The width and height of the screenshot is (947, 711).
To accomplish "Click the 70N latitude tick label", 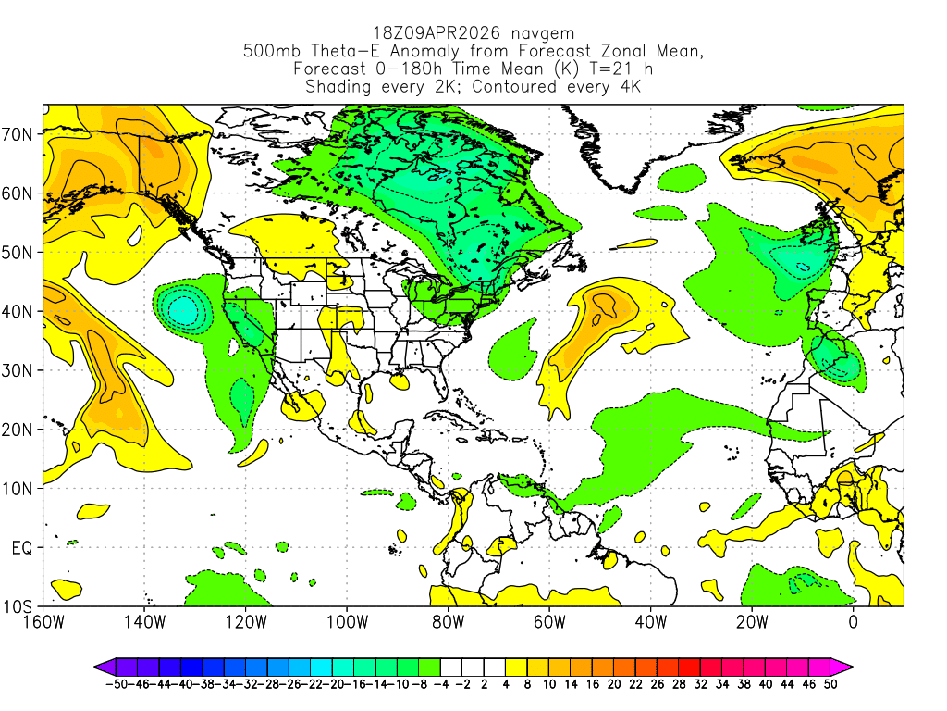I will point(18,134).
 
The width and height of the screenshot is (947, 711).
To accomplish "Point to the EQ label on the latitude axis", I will point(21,548).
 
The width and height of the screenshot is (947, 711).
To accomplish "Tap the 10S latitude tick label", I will point(18,607).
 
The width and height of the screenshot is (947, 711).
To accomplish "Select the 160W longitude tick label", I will point(44,621).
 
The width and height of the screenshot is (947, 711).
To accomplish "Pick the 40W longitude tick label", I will point(650,621).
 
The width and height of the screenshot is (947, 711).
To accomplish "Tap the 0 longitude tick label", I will point(853,621).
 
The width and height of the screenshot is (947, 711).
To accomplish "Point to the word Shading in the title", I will point(338,87).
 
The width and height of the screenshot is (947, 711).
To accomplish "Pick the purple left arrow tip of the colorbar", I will point(98,666).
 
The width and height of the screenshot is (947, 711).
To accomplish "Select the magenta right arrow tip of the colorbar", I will point(848,666).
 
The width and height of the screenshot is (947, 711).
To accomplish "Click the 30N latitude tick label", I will point(18,370).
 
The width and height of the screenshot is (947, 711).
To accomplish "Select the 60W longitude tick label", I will point(548,621).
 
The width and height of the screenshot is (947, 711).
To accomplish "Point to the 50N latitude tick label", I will point(18,253).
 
